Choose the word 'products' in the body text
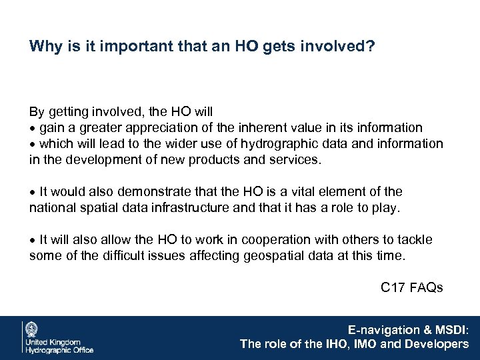point(213,160)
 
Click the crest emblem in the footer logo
point(31,330)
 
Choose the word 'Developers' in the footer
point(437,344)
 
